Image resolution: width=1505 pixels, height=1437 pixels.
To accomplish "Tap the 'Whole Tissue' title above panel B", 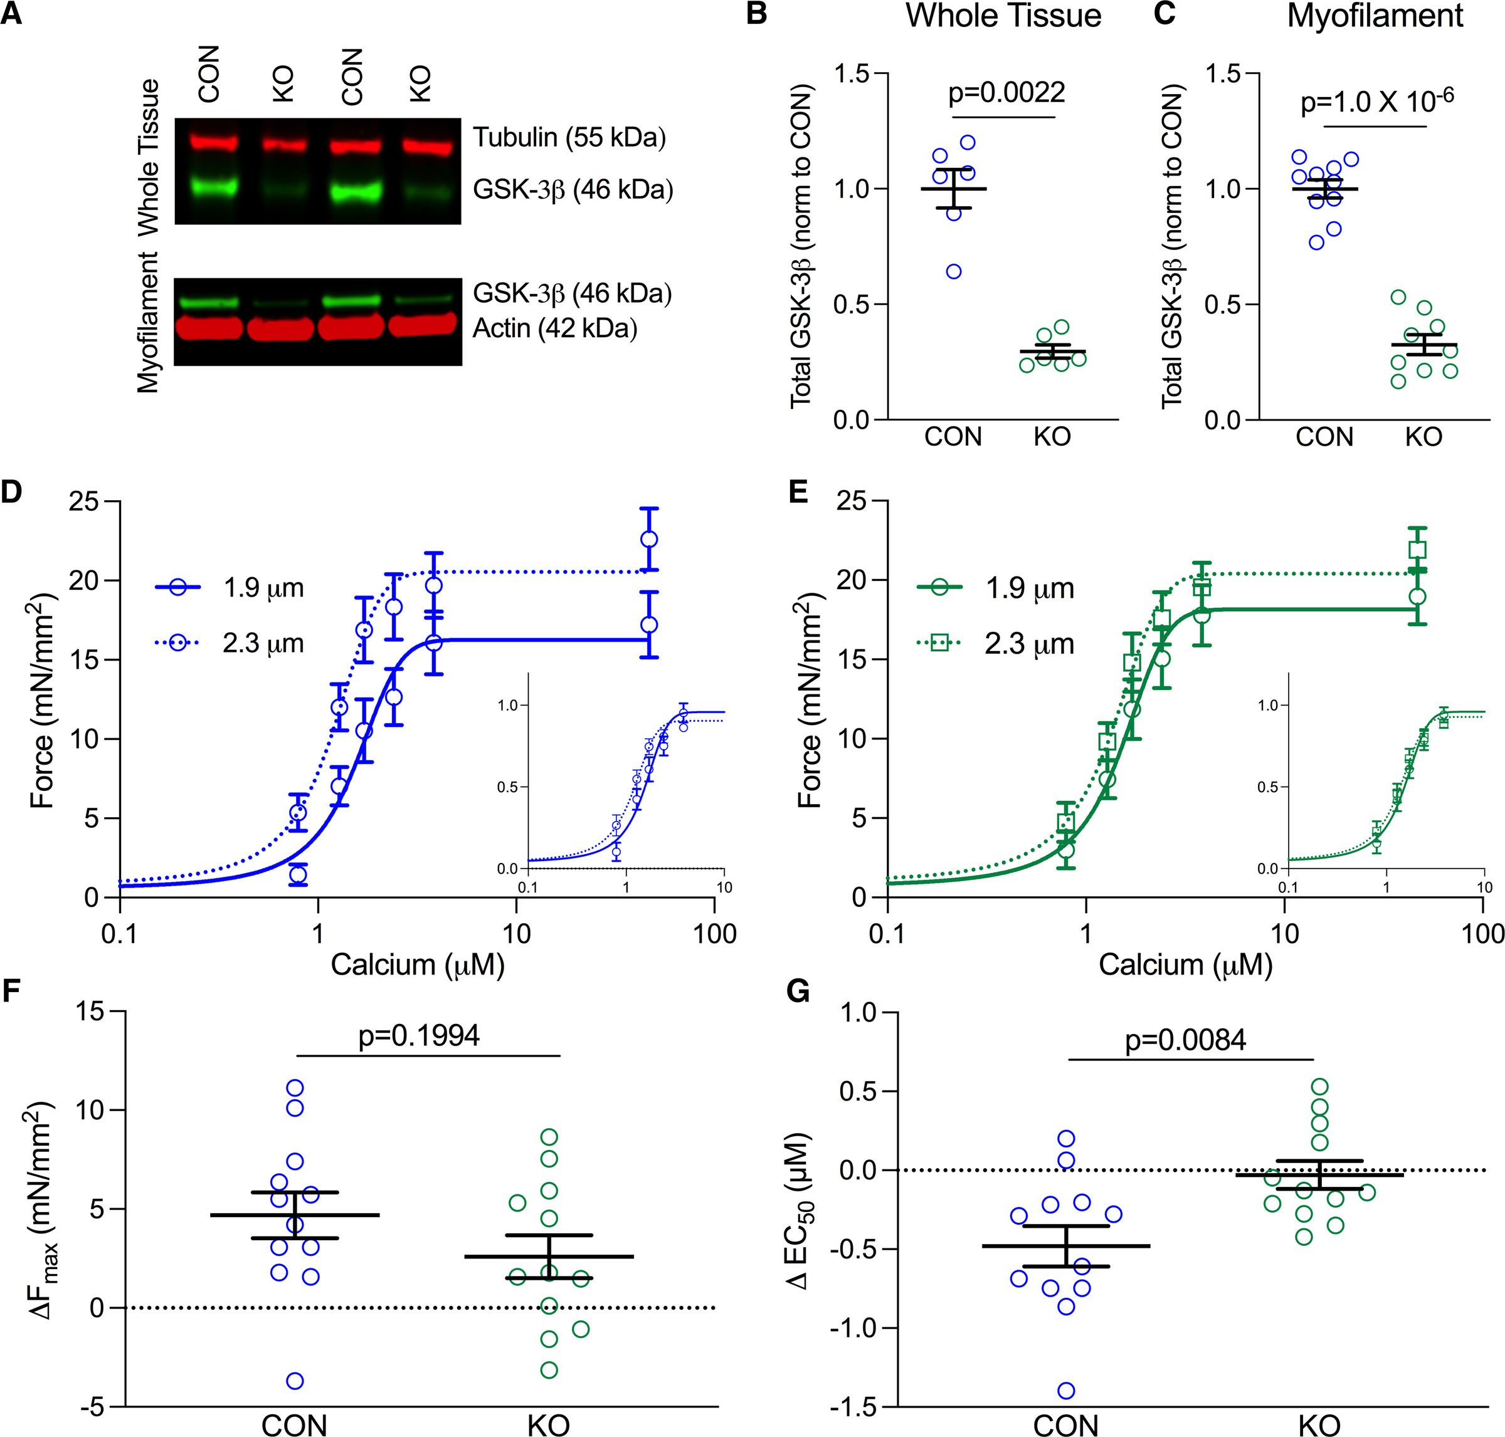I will pos(1003,15).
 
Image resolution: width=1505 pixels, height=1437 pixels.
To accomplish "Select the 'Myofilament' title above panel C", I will pos(1375,15).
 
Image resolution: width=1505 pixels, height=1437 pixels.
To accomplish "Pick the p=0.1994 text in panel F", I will pos(419,1036).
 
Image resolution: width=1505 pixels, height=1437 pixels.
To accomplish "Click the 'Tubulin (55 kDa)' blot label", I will pos(569,138).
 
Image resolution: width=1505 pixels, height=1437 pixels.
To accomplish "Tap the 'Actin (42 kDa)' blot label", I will pos(555,328).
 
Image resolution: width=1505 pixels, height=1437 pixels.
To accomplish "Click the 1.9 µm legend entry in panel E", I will pos(997,588).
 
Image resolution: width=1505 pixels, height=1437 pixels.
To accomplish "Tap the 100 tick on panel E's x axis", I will pos(1484,934).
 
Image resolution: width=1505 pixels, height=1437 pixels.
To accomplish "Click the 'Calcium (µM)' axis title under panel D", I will pos(418,965).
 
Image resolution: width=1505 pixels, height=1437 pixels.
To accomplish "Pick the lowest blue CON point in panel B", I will pos(953,271).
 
